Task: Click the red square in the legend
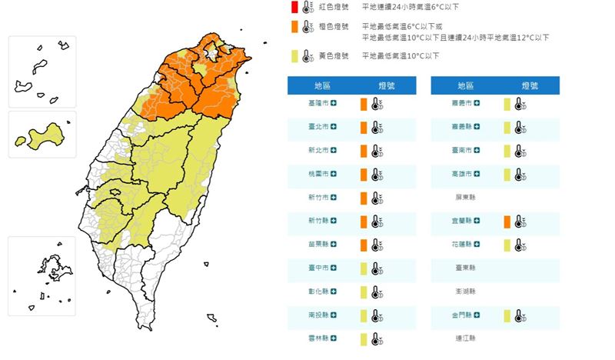(294, 8)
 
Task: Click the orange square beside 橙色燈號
(294, 28)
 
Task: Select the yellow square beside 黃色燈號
(294, 56)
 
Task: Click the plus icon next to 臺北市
(334, 128)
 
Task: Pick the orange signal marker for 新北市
(364, 152)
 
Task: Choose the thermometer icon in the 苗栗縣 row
(376, 245)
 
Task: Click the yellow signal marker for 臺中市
(364, 269)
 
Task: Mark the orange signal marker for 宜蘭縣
(507, 222)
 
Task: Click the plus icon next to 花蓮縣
(478, 245)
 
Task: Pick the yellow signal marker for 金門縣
(507, 315)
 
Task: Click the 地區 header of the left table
(317, 85)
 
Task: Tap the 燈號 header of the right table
(530, 85)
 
